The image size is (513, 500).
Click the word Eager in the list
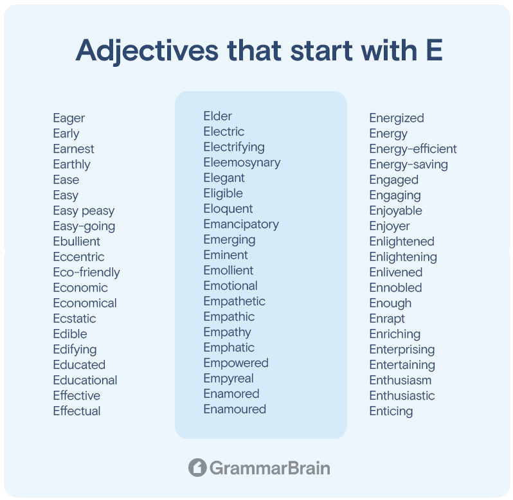click(x=69, y=118)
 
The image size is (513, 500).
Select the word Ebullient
click(x=76, y=242)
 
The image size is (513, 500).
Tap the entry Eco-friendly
click(x=86, y=272)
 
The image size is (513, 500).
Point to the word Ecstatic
click(x=75, y=319)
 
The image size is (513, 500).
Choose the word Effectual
click(x=76, y=411)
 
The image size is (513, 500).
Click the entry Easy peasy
click(x=84, y=211)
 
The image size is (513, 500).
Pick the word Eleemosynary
click(x=242, y=163)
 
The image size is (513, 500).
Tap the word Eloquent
click(x=228, y=209)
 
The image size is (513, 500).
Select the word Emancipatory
click(x=241, y=225)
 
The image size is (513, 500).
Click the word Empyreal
click(x=228, y=379)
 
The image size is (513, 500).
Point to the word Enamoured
click(x=235, y=409)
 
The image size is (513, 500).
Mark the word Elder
click(x=217, y=116)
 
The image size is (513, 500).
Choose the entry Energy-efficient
click(x=413, y=150)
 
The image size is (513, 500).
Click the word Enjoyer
click(x=390, y=226)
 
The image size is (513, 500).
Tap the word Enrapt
click(x=387, y=319)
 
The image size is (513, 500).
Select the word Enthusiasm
click(x=400, y=380)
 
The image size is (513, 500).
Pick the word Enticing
click(x=391, y=411)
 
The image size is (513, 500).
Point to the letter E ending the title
click(x=434, y=50)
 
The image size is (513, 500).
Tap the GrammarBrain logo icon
click(x=197, y=468)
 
